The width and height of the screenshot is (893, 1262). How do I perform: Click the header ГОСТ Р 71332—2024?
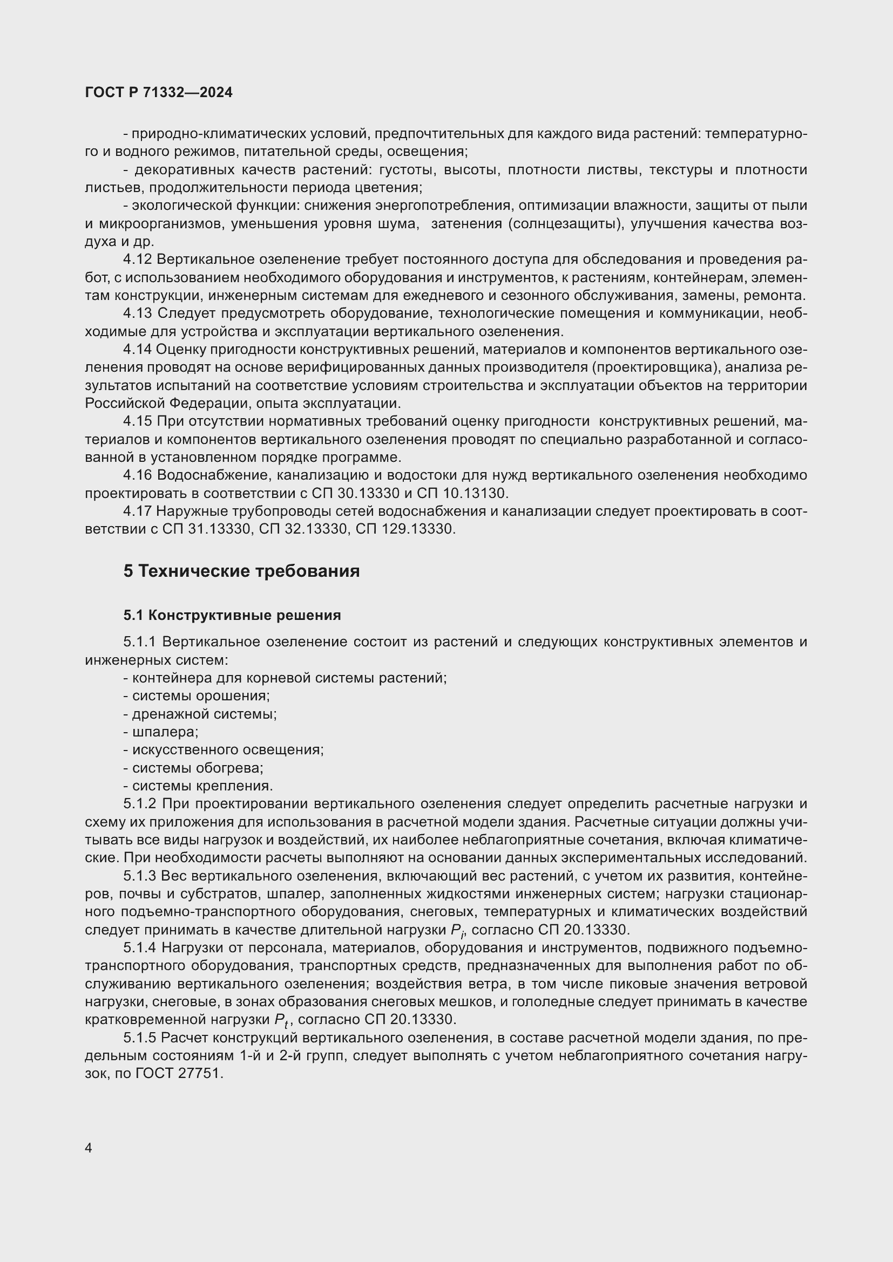point(159,92)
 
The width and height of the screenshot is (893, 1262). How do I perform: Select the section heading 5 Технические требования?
point(241,571)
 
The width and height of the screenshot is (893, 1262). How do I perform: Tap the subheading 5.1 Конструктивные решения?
point(232,615)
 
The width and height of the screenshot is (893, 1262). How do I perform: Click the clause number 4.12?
point(138,260)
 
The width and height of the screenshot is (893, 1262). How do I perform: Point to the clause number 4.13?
point(138,313)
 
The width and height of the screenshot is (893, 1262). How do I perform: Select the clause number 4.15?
point(138,421)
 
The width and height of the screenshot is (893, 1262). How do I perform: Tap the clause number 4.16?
point(138,475)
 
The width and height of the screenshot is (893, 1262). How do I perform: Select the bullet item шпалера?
point(165,732)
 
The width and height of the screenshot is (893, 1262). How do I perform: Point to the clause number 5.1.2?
point(140,803)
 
